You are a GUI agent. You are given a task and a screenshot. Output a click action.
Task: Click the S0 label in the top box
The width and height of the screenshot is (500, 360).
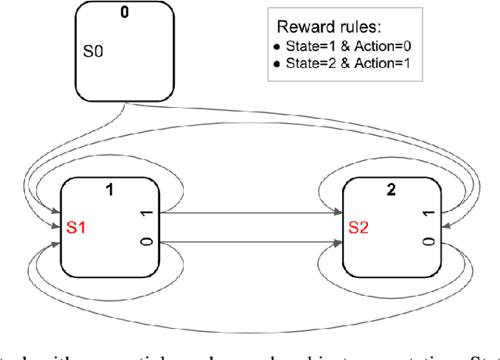point(92,53)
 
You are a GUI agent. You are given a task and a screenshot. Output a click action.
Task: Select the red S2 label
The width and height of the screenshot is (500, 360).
point(358,229)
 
